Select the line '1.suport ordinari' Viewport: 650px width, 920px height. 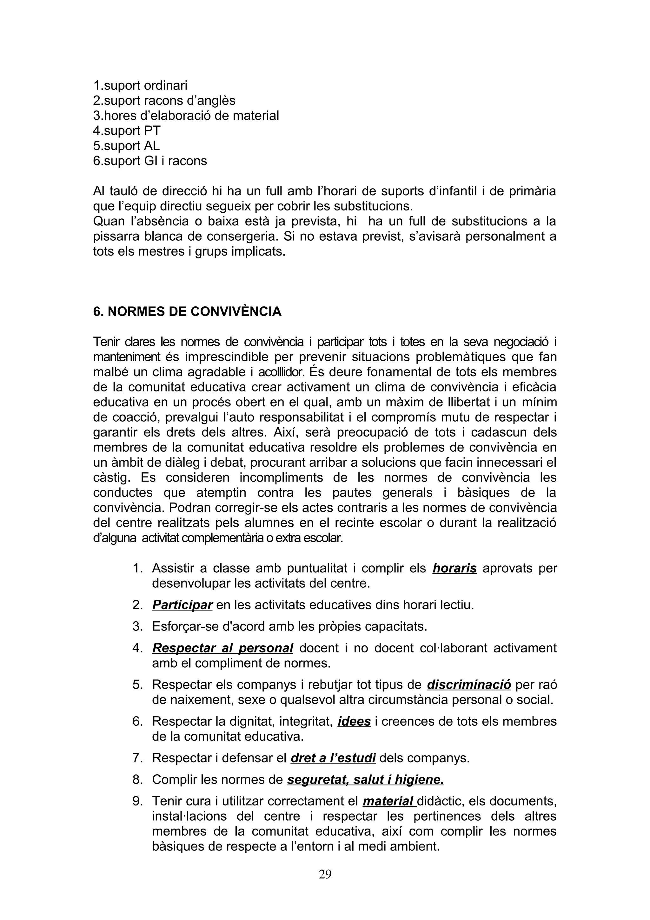pyautogui.click(x=140, y=85)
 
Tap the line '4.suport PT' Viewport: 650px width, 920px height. pyautogui.click(x=127, y=130)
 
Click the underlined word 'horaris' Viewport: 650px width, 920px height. pyautogui.click(x=454, y=568)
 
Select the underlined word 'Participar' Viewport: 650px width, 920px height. pyautogui.click(x=182, y=605)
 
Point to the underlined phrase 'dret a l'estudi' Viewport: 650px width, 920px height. pyautogui.click(x=333, y=758)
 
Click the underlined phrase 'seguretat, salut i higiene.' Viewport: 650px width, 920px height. pyautogui.click(x=365, y=779)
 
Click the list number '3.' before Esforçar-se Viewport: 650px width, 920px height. pyautogui.click(x=137, y=626)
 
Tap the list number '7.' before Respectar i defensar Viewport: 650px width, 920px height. pyautogui.click(x=137, y=758)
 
